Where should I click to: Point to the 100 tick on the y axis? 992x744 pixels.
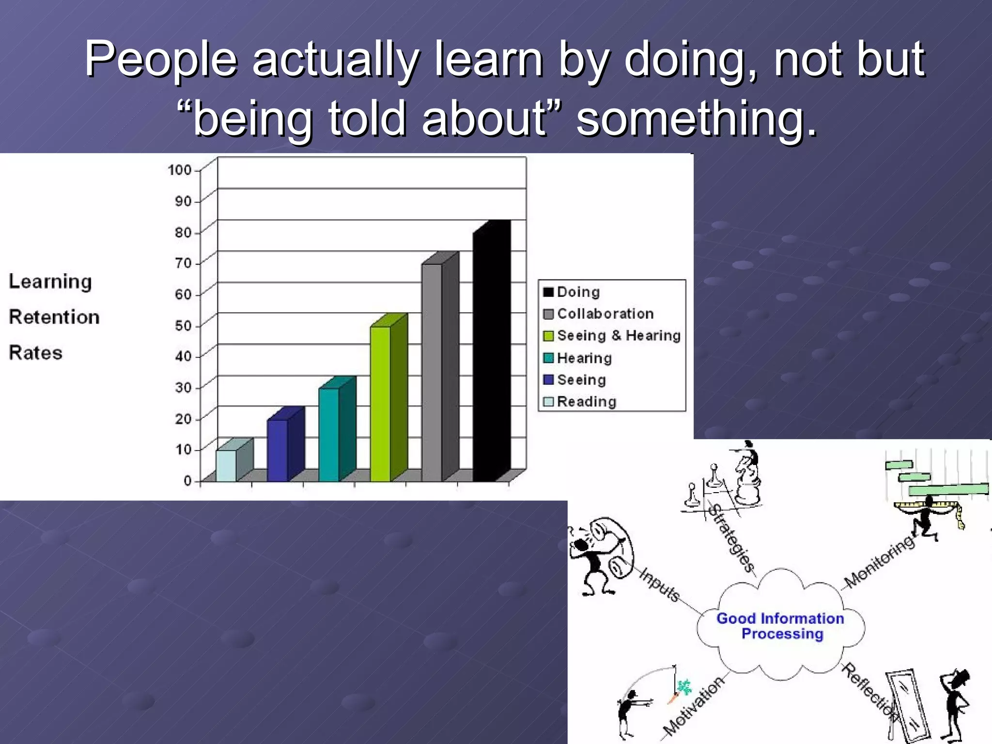click(x=180, y=170)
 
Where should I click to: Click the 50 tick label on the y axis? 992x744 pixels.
click(x=183, y=325)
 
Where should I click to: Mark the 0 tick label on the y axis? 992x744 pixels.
click(x=188, y=481)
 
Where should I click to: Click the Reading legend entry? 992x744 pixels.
click(x=586, y=402)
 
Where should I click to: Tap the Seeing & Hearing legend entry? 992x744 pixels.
click(x=618, y=336)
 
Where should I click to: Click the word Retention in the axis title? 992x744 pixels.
click(x=54, y=317)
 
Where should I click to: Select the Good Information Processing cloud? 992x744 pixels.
click(x=781, y=626)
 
